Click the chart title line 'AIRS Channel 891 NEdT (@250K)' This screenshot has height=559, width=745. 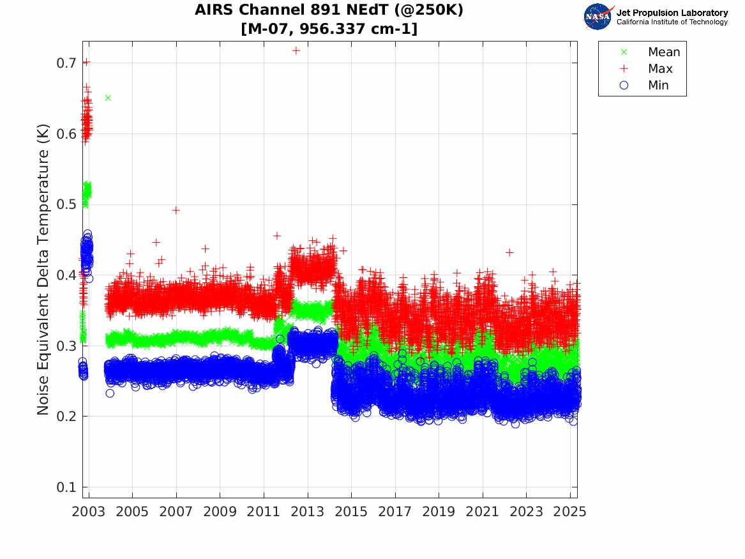pyautogui.click(x=329, y=10)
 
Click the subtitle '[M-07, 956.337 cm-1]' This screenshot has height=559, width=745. pyautogui.click(x=329, y=29)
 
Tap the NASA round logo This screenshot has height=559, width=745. pyautogui.click(x=598, y=17)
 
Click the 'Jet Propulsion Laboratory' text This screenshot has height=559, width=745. pyautogui.click(x=672, y=12)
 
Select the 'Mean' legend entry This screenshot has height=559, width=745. pyautogui.click(x=663, y=52)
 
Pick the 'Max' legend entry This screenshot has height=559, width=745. pyautogui.click(x=659, y=69)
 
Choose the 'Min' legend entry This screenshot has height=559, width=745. pyautogui.click(x=658, y=86)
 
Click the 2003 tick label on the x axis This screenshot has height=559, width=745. pyautogui.click(x=89, y=512)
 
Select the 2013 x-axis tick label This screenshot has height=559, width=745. pyautogui.click(x=308, y=512)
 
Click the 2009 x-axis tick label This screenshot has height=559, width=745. pyautogui.click(x=220, y=512)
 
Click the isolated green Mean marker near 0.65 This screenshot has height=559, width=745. pyautogui.click(x=108, y=98)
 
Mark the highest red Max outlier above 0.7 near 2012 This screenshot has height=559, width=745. pyautogui.click(x=296, y=50)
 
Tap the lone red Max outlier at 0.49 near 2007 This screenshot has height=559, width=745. pyautogui.click(x=176, y=210)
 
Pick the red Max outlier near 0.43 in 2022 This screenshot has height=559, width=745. pyautogui.click(x=509, y=252)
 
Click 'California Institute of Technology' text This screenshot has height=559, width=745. pyautogui.click(x=672, y=22)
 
